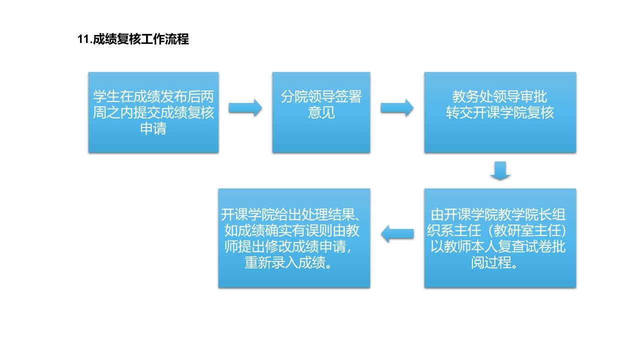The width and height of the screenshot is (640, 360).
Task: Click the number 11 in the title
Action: [x=83, y=39]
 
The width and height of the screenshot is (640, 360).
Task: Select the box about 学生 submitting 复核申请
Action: [x=153, y=112]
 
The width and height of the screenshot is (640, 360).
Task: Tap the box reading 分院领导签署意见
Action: [x=321, y=112]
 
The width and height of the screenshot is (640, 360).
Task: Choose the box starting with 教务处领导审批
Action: [x=500, y=112]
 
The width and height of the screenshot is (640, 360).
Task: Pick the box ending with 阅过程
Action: [x=500, y=238]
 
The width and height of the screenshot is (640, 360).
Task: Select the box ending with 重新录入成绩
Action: [x=294, y=238]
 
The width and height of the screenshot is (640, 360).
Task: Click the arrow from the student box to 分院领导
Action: [x=245, y=108]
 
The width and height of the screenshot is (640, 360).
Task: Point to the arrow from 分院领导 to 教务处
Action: [x=397, y=108]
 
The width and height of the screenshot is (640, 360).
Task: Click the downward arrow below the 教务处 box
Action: [x=500, y=170]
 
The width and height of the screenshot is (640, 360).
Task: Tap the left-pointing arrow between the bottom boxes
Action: [x=397, y=233]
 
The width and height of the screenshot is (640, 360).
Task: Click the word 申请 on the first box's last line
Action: [x=153, y=128]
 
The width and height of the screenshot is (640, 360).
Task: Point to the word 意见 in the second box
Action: [x=321, y=112]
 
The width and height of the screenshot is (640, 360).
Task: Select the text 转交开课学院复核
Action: [x=500, y=112]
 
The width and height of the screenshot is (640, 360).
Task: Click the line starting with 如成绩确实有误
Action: [x=291, y=230]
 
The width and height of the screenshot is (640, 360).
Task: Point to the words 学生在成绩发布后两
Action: [x=153, y=96]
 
